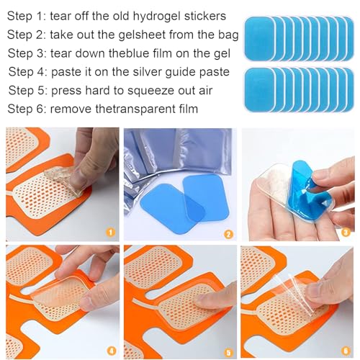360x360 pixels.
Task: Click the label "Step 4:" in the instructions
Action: pos(29,71)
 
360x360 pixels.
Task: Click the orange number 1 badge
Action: pos(109,233)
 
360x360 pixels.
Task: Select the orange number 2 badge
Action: pos(228,233)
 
